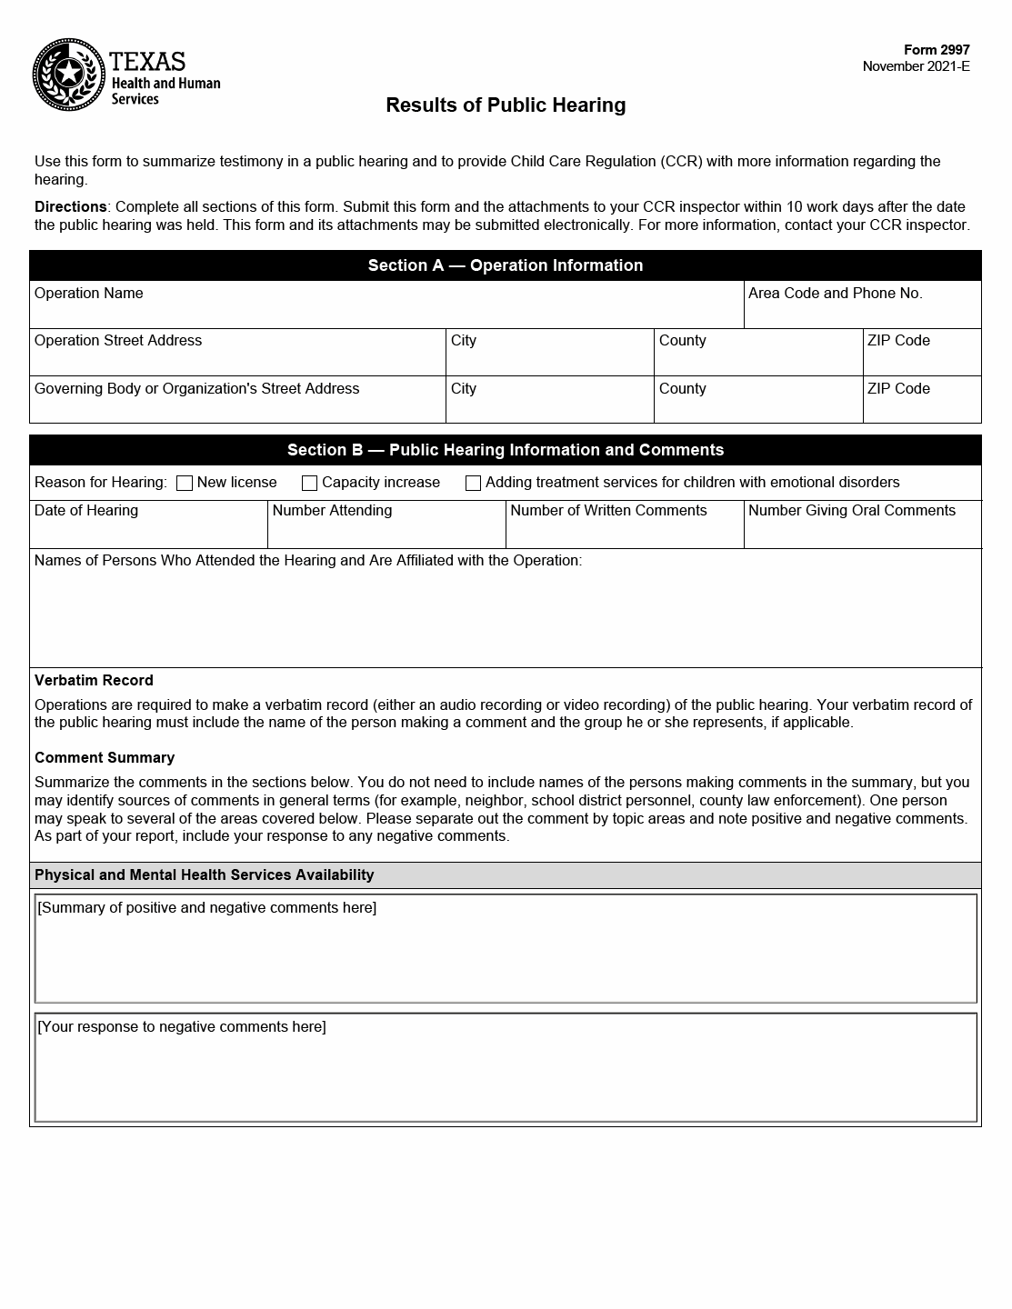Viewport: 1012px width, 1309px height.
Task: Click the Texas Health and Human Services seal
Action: click(x=69, y=75)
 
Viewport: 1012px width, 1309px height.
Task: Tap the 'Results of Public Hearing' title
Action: click(x=506, y=105)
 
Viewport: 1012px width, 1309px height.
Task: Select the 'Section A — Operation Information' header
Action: click(x=506, y=265)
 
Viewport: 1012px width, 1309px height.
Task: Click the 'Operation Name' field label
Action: click(x=89, y=294)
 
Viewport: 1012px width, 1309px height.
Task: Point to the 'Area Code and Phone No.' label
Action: click(x=835, y=294)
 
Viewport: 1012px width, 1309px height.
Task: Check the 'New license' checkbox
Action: click(x=185, y=484)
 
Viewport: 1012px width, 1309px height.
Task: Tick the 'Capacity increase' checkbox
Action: click(x=310, y=484)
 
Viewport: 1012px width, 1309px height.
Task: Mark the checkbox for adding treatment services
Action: click(x=474, y=484)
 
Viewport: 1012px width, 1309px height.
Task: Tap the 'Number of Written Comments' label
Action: click(x=608, y=511)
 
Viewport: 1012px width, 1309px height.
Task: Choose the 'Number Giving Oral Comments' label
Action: click(x=851, y=511)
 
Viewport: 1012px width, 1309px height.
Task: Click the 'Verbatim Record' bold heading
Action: click(x=94, y=681)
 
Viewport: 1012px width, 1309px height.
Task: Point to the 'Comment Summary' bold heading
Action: click(x=105, y=758)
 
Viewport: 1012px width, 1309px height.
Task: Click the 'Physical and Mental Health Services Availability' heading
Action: click(x=205, y=875)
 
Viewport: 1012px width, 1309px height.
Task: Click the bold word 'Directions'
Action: click(x=70, y=207)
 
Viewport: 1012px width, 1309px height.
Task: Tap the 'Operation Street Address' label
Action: click(x=118, y=341)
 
